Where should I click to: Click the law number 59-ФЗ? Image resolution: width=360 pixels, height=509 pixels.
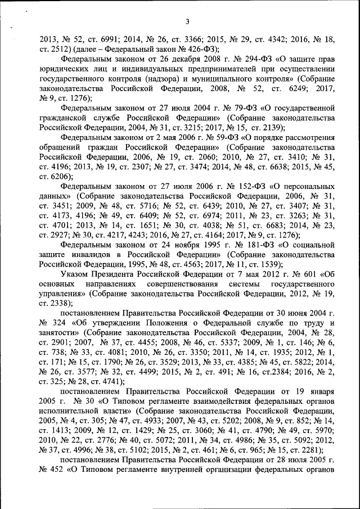[211, 136]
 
